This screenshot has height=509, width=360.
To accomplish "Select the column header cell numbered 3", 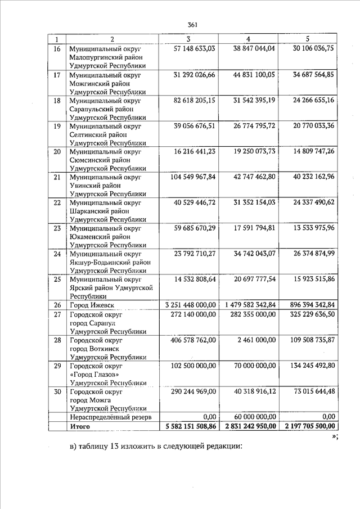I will (188, 39).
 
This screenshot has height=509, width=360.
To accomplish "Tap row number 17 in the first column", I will (56, 74).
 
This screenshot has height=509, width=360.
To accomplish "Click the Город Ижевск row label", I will (93, 305).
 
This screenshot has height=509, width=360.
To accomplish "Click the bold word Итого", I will (80, 426).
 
